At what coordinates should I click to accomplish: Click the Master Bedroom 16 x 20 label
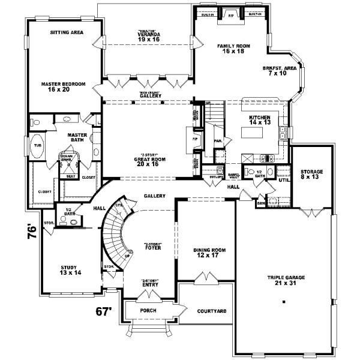point(64,86)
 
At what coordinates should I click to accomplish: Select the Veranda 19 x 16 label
point(148,36)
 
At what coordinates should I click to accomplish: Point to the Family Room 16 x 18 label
point(231,49)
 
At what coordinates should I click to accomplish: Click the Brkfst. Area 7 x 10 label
point(280,71)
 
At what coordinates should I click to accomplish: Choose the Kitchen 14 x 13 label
point(260,119)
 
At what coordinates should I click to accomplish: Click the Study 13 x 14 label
point(70,270)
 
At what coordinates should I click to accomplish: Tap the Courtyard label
point(211,311)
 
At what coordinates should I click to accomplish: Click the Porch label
point(148,311)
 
